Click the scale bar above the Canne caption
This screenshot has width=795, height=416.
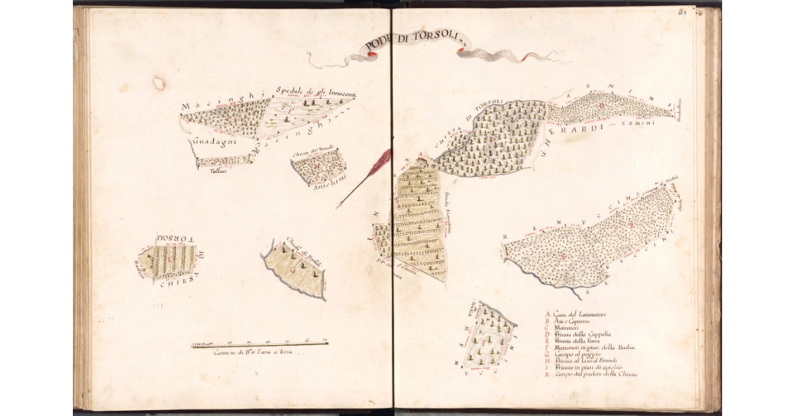[260, 344]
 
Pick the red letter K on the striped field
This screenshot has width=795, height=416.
[170, 261]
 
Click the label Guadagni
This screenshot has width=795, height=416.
[210, 142]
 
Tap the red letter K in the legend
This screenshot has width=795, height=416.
[547, 374]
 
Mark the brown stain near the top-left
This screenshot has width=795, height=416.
[159, 83]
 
